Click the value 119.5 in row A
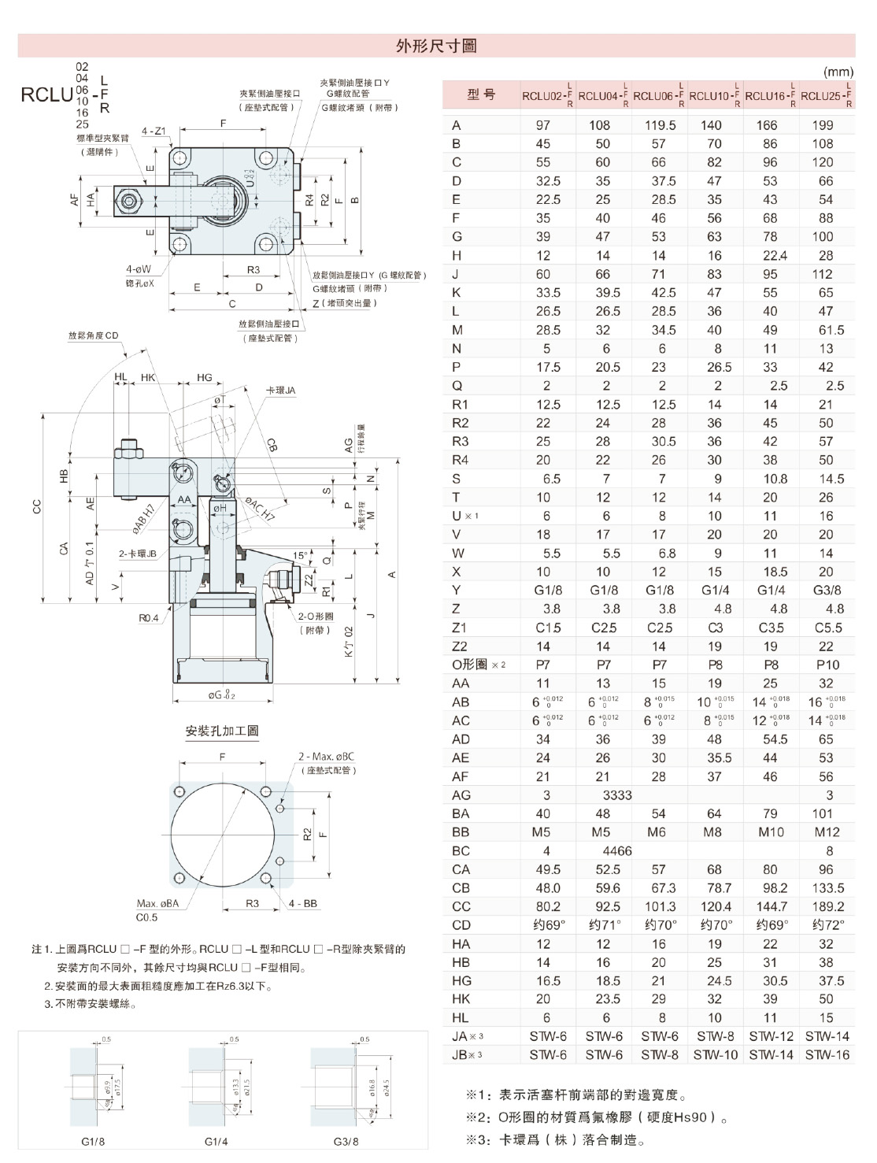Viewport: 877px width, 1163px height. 660,125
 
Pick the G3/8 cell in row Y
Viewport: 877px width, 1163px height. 826,591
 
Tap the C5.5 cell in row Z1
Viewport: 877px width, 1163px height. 827,628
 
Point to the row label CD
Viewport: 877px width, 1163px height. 461,925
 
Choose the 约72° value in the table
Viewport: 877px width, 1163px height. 827,925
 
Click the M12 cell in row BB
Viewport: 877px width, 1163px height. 827,832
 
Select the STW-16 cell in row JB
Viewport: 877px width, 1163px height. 827,1054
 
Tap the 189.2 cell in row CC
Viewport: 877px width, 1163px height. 827,907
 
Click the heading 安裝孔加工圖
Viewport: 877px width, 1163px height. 222,731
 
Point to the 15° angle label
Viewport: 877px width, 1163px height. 300,555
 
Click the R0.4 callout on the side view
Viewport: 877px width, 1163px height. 149,618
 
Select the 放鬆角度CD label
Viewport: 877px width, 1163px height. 93,335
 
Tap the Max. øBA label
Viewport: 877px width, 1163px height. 157,903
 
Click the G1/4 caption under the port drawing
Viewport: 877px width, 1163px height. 216,1141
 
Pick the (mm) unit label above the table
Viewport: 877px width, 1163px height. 838,72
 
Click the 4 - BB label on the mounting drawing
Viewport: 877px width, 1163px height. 302,903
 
